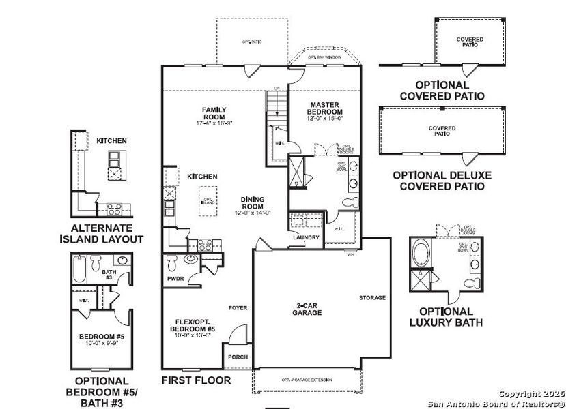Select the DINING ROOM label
point(252,203)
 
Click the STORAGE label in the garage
point(373,298)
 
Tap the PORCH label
point(238,357)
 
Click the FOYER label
point(238,308)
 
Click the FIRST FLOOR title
point(196,380)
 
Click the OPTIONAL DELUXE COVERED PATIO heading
point(442,181)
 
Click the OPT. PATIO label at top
point(253,42)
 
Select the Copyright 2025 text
point(528,394)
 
